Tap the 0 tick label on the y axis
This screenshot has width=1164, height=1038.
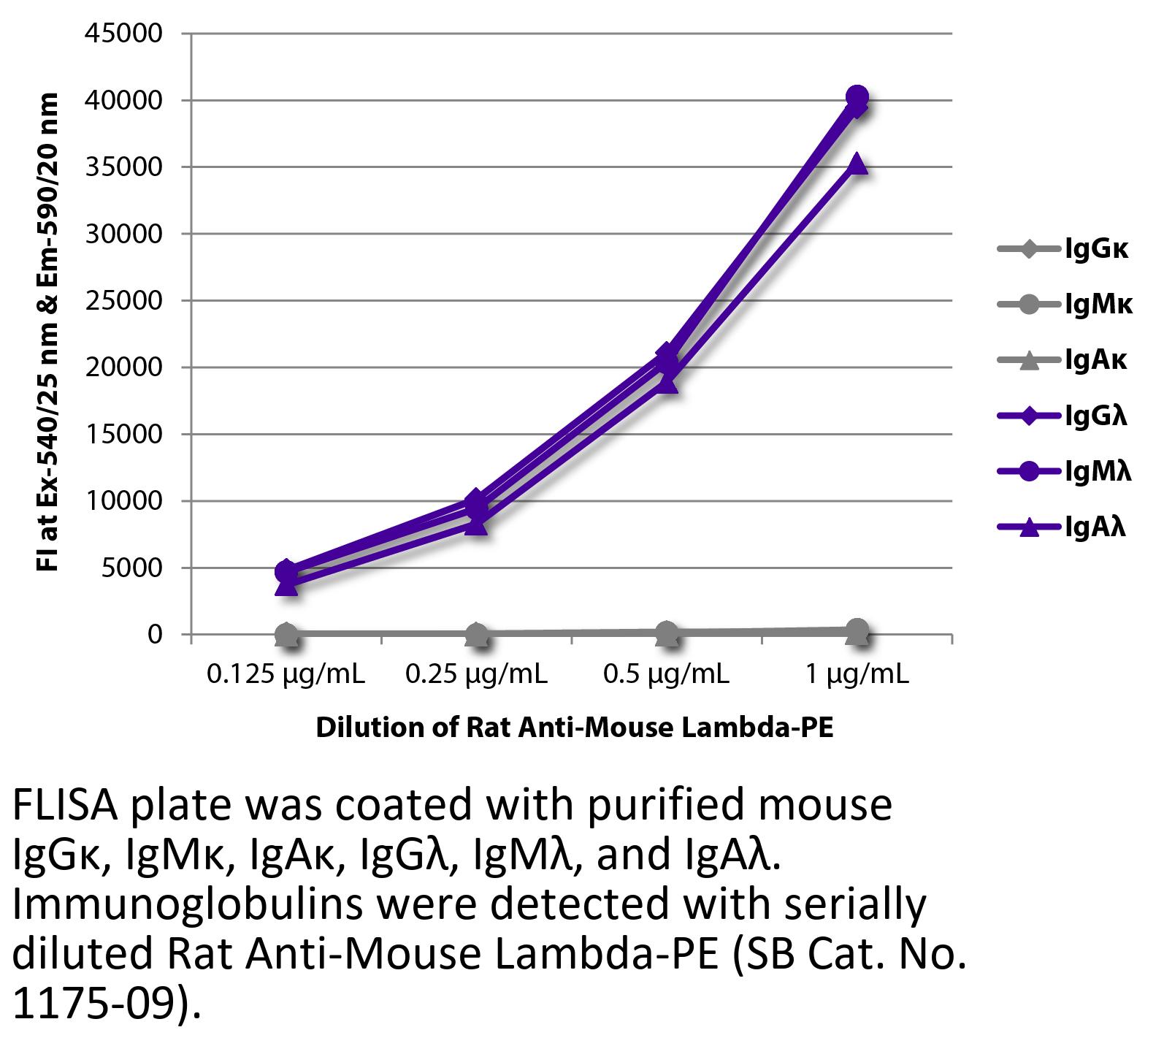154,635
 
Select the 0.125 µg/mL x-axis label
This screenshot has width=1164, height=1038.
286,674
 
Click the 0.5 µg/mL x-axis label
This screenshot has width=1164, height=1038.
667,674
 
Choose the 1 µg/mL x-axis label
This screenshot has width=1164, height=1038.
857,674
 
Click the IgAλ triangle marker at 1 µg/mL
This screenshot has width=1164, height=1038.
857,164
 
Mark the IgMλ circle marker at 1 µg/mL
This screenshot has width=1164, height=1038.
857,96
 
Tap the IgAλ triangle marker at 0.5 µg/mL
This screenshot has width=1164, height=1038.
667,382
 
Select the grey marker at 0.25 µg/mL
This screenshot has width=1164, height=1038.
476,634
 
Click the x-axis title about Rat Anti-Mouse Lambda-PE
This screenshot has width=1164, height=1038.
574,728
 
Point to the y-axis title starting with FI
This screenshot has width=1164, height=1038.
48,332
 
